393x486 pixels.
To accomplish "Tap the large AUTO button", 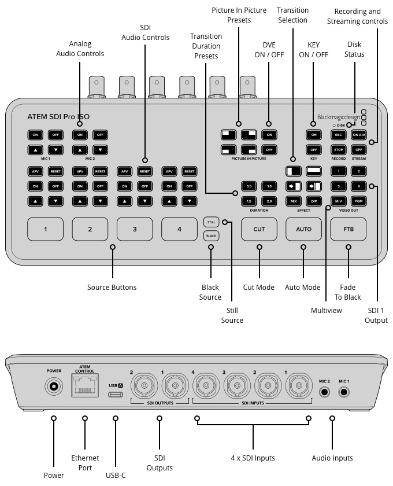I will tap(303, 229).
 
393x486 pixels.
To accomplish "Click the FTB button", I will tap(348, 229).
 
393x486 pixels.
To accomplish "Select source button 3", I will tap(135, 229).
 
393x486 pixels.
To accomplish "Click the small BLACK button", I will tap(211, 235).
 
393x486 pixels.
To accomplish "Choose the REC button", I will tap(339, 135).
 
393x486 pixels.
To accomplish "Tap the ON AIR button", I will tap(358, 135).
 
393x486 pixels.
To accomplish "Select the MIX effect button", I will tap(294, 200).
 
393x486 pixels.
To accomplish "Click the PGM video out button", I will tap(358, 200).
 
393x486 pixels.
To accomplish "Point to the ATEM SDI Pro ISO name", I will tap(58, 116).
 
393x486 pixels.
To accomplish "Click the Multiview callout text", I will tap(327, 311).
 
